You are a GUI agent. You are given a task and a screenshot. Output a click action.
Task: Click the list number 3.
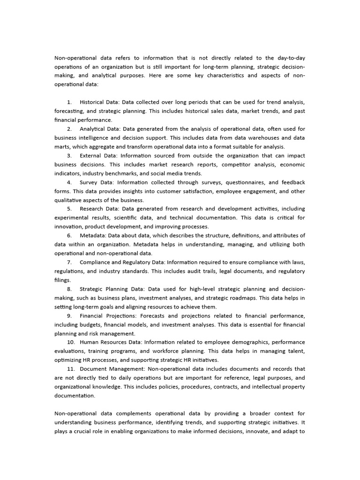pos(69,156)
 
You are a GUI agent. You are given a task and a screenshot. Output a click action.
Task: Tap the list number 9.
pos(69,316)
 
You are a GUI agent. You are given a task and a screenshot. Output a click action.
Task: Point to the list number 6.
pos(69,236)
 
